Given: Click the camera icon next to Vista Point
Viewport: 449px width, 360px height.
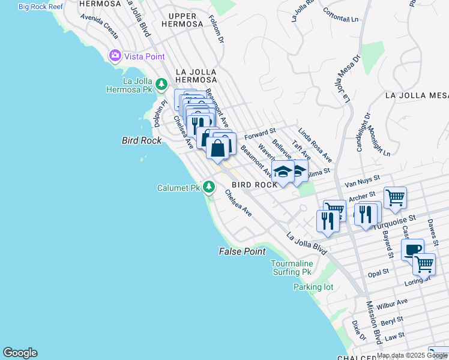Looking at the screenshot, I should click(x=115, y=56).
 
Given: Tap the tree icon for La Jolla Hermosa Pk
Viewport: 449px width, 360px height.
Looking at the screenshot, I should click(x=161, y=84).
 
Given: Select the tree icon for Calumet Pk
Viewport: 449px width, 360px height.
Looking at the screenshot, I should click(x=208, y=187).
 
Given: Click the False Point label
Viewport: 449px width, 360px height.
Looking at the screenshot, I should click(x=242, y=251).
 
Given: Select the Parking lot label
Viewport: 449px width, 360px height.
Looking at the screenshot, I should click(x=313, y=287).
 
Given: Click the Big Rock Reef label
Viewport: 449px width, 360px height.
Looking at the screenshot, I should click(x=41, y=6).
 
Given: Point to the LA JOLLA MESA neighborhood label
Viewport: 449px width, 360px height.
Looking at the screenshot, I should click(x=417, y=95).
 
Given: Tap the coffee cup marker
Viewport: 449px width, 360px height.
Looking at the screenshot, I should click(x=412, y=250).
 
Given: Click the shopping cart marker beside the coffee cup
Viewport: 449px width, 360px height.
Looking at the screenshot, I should click(x=424, y=263).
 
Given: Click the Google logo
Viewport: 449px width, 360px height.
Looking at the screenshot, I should click(x=20, y=353).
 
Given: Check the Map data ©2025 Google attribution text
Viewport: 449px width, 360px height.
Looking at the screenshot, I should click(x=412, y=355).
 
